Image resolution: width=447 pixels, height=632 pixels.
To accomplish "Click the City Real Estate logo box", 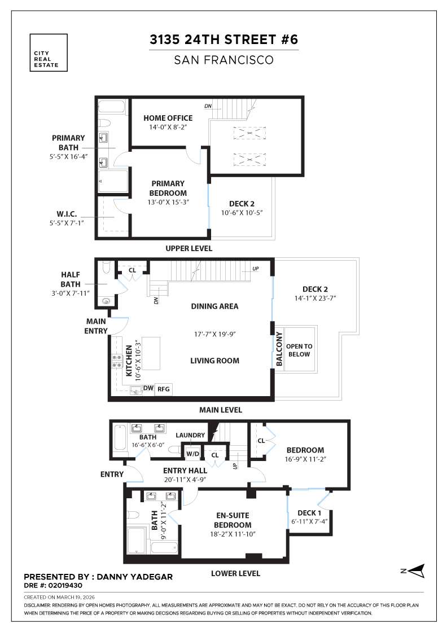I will [49, 52].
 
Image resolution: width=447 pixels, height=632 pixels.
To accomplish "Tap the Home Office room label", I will [168, 118].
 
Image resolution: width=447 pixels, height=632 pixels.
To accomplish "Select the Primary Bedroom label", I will [168, 188].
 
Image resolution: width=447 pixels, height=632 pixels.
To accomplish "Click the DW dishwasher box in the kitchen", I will [148, 388].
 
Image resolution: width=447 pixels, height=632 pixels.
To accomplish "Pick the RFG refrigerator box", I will [164, 388].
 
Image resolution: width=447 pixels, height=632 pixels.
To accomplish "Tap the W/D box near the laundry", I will [192, 453].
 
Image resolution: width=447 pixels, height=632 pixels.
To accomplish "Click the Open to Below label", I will [299, 350].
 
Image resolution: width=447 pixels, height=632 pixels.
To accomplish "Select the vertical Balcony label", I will [279, 350].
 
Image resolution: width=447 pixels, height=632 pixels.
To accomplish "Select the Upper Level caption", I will [189, 248].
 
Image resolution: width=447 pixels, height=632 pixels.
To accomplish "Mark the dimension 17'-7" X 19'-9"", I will [215, 333].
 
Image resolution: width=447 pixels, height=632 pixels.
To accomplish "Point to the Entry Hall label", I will [185, 471].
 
